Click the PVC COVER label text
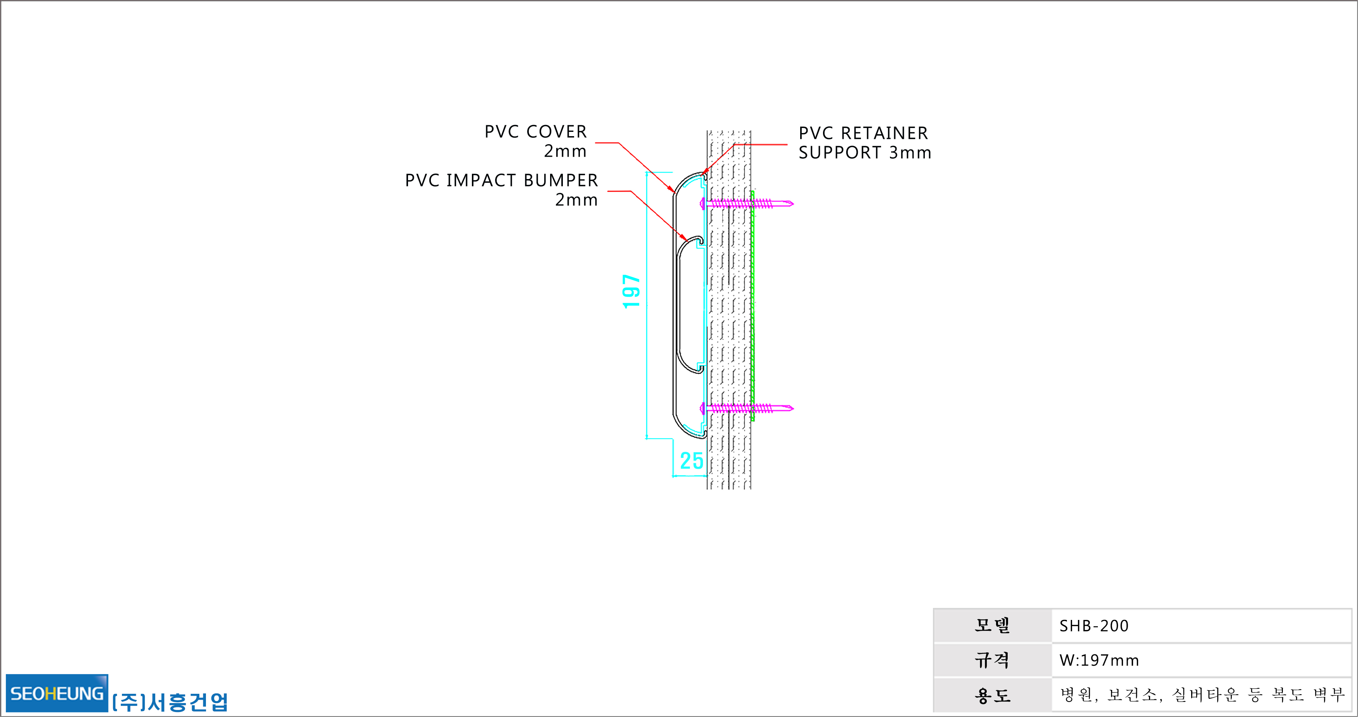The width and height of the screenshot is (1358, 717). click(536, 132)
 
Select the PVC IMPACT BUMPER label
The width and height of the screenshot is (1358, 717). click(501, 180)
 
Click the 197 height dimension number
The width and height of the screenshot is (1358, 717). click(631, 291)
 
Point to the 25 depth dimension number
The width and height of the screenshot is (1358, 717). click(691, 461)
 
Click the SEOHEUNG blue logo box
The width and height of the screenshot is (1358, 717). click(57, 693)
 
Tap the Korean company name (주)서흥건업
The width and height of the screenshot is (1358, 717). click(170, 702)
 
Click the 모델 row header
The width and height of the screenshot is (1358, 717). click(992, 625)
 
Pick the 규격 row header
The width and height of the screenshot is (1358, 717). click(992, 660)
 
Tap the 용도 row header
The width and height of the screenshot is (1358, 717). click(992, 695)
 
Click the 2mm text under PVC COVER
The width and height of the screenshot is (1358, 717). click(565, 151)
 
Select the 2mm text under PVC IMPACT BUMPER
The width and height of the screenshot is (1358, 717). click(577, 200)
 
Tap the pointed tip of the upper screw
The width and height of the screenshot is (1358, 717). click(794, 203)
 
